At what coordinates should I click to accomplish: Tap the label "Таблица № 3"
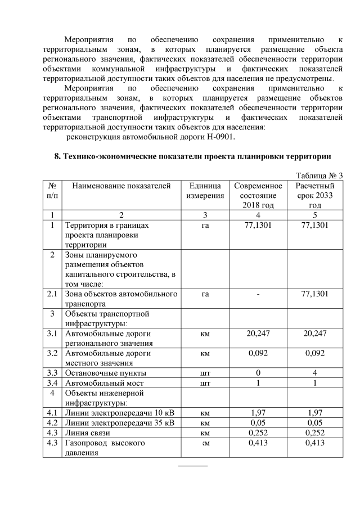[x=319, y=175]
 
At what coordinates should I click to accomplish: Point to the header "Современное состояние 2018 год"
[x=258, y=195]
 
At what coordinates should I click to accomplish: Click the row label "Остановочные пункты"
[x=106, y=373]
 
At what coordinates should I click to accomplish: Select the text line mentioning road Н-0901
[x=151, y=137]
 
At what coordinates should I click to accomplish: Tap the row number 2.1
[x=52, y=294]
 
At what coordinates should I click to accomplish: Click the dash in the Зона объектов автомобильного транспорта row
[x=258, y=294]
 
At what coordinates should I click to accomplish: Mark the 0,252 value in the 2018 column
[x=258, y=433]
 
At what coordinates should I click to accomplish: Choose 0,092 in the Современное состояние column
[x=258, y=353]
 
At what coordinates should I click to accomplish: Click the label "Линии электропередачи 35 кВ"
[x=120, y=423]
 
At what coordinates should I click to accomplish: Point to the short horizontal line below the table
[x=193, y=466]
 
